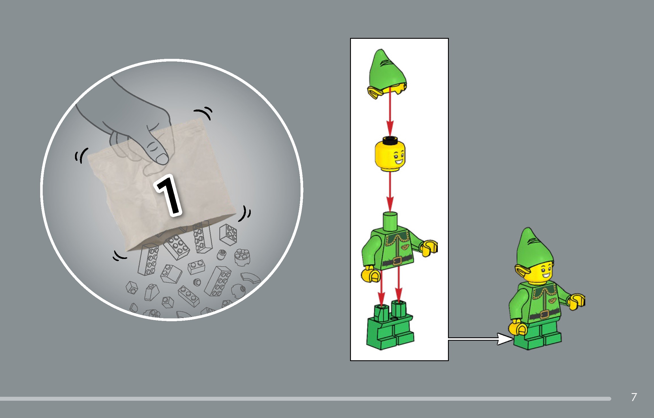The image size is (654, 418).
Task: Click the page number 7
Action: point(634,397)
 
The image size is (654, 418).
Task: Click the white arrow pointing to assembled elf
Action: point(481,339)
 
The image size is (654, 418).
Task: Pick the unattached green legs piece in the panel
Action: point(390,328)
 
